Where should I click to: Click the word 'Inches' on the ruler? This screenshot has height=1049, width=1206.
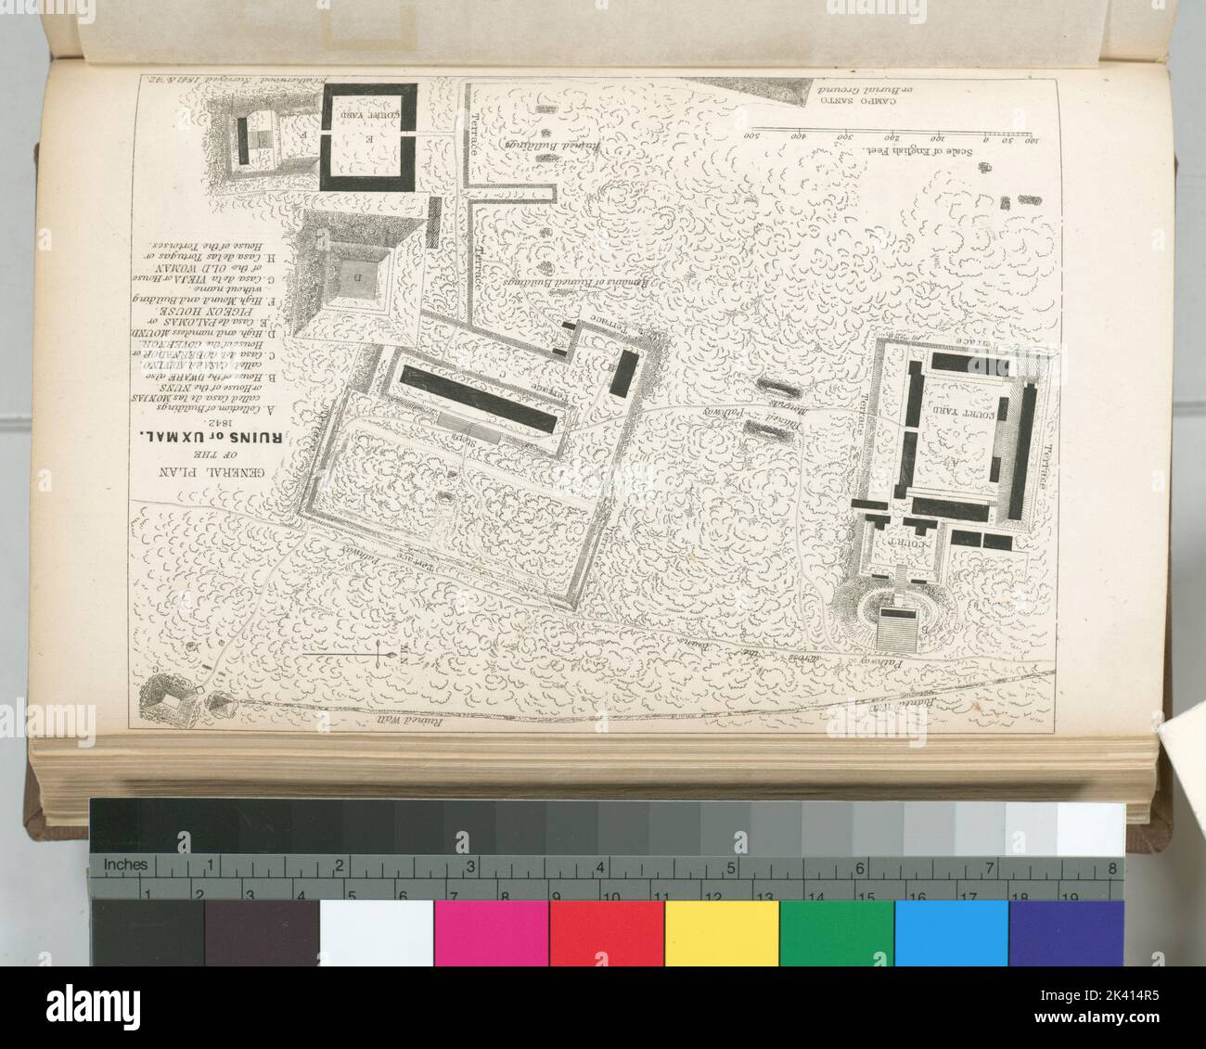coord(125,865)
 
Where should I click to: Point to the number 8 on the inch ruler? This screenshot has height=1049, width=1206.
coord(1111,869)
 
